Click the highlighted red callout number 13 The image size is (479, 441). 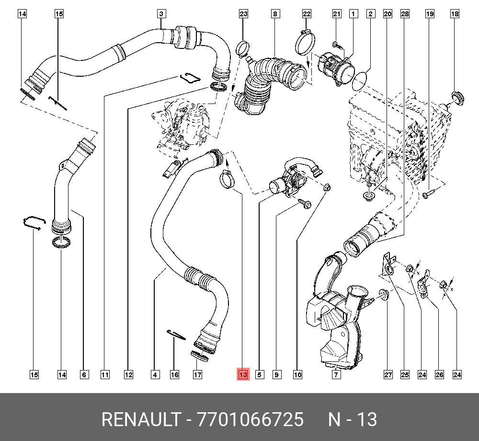(243, 374)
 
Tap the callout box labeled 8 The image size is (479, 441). (274, 14)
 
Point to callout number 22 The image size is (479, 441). (307, 14)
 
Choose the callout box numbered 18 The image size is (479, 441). (454, 14)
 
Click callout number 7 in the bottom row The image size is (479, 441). (336, 374)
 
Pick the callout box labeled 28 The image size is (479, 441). (405, 14)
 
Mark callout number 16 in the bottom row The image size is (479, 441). (175, 374)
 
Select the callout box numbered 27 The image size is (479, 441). (388, 374)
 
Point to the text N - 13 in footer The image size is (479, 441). (352, 420)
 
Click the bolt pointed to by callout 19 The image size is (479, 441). (428, 194)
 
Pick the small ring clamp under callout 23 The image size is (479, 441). (243, 47)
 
